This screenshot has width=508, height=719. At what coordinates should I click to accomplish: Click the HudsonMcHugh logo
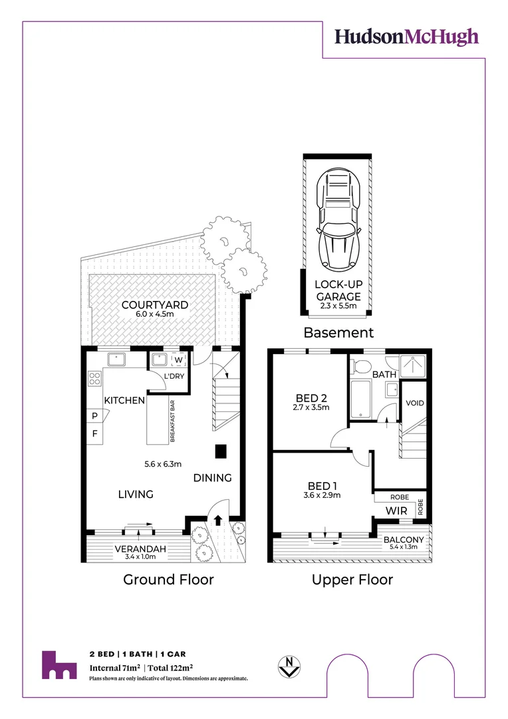[406, 37]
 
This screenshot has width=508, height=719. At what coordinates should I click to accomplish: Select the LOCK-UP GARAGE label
[338, 290]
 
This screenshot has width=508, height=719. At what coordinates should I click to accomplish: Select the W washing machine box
[179, 360]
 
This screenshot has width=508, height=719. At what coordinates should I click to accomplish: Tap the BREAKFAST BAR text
[172, 421]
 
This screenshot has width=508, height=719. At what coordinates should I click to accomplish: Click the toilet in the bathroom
[361, 366]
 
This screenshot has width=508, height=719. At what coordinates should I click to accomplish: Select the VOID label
[414, 403]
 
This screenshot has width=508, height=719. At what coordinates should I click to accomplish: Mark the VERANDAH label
[140, 549]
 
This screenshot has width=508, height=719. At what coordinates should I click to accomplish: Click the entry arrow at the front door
[217, 519]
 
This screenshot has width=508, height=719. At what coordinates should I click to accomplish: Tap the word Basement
[338, 332]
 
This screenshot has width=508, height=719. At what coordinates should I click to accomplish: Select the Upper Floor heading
[352, 580]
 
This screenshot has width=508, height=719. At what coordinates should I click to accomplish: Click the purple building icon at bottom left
[59, 665]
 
